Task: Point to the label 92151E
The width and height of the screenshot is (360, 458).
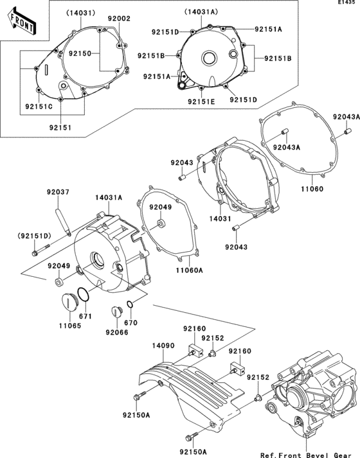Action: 201,101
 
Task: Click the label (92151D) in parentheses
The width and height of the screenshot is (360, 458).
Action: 34,234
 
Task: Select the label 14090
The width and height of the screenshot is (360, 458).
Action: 163,345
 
